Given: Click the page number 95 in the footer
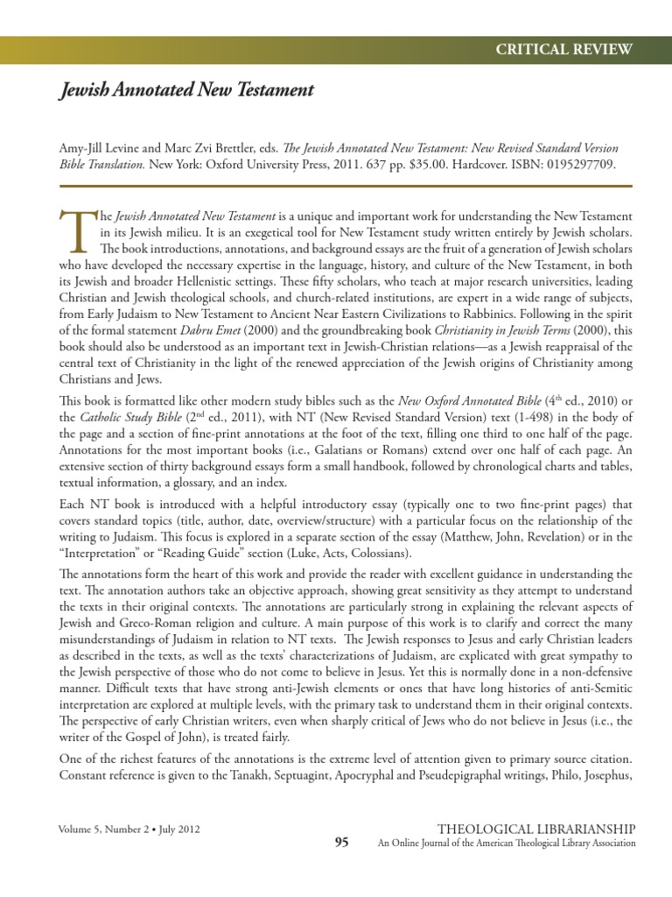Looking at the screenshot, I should tap(341, 843).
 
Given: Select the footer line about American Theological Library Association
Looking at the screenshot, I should tap(506, 844).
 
